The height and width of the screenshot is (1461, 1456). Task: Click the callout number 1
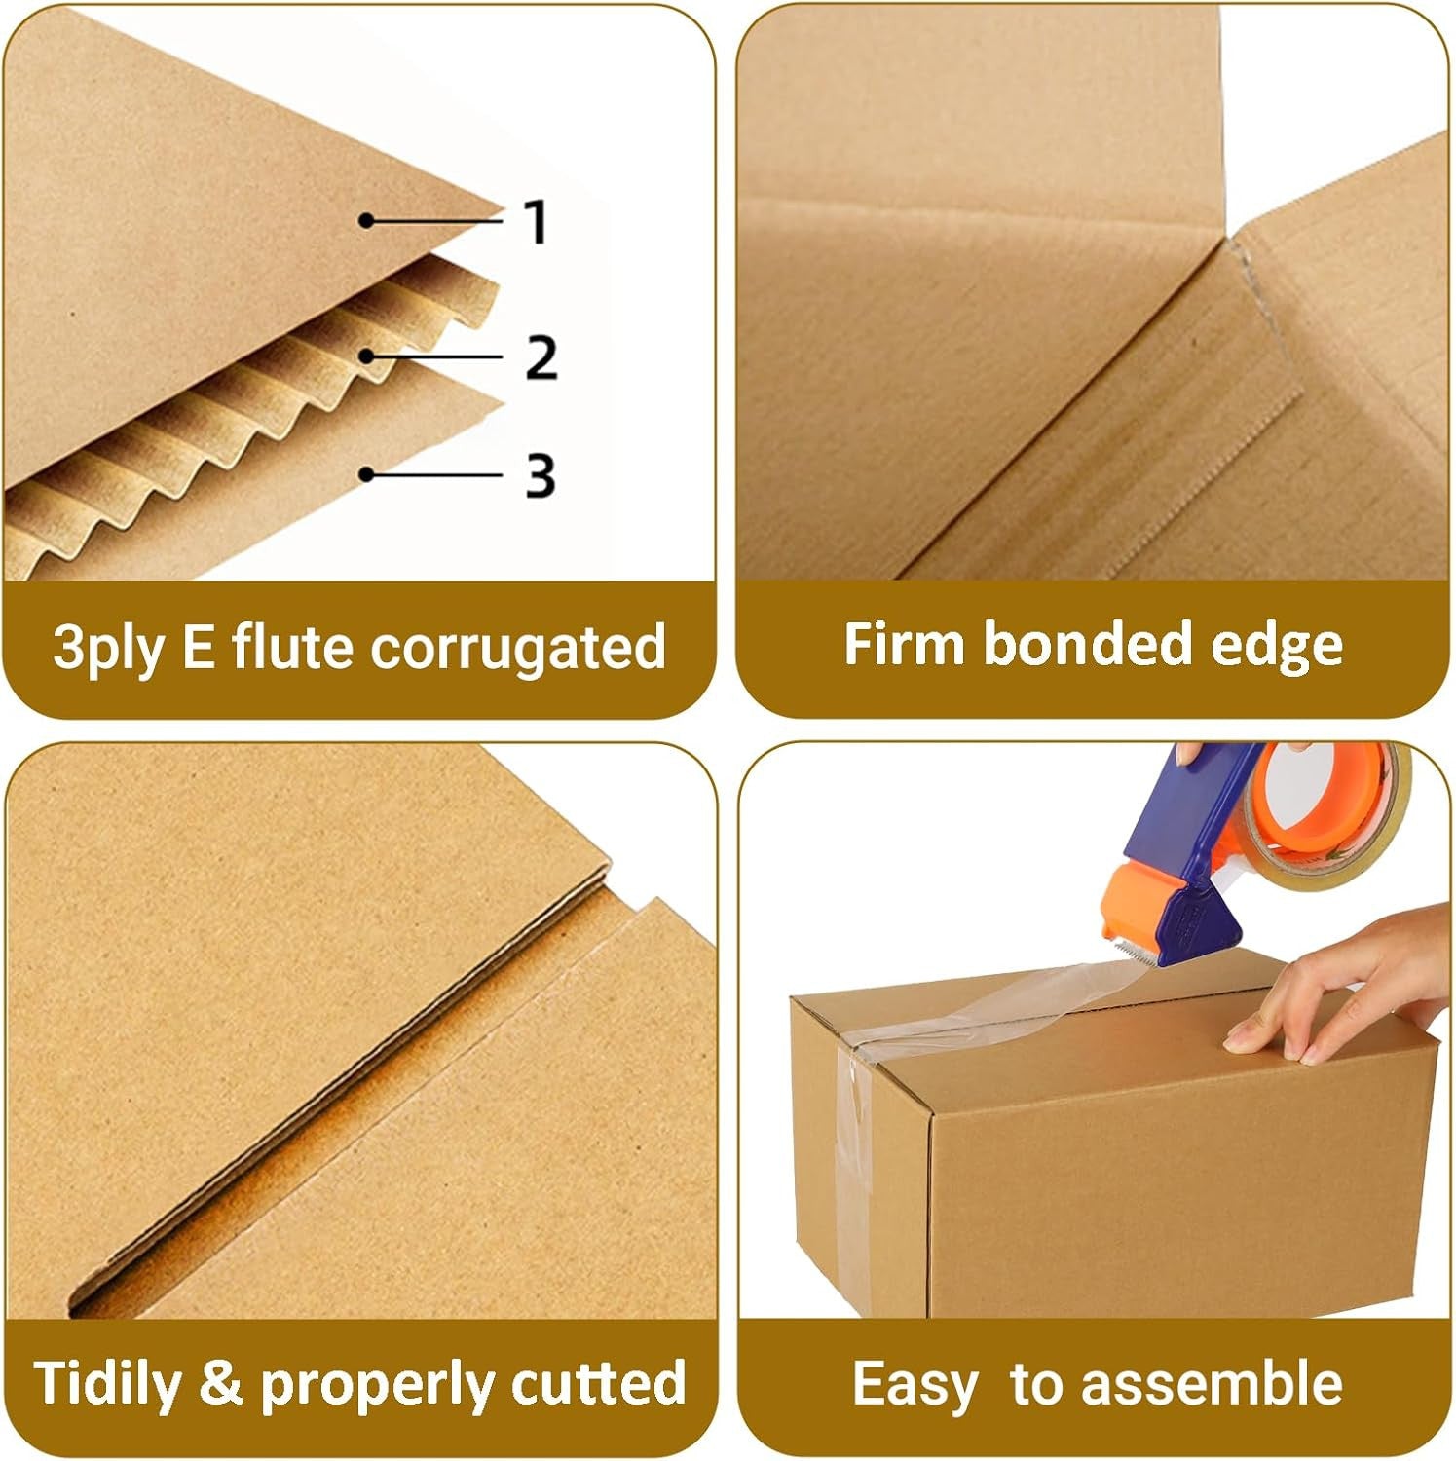(537, 221)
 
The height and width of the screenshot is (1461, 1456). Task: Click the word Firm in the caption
(905, 644)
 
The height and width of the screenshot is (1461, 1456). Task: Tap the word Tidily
(107, 1383)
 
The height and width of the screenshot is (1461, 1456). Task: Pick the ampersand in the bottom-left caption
(220, 1383)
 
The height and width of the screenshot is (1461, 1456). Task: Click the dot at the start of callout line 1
(366, 221)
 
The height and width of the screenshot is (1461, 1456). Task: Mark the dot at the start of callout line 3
(366, 474)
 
